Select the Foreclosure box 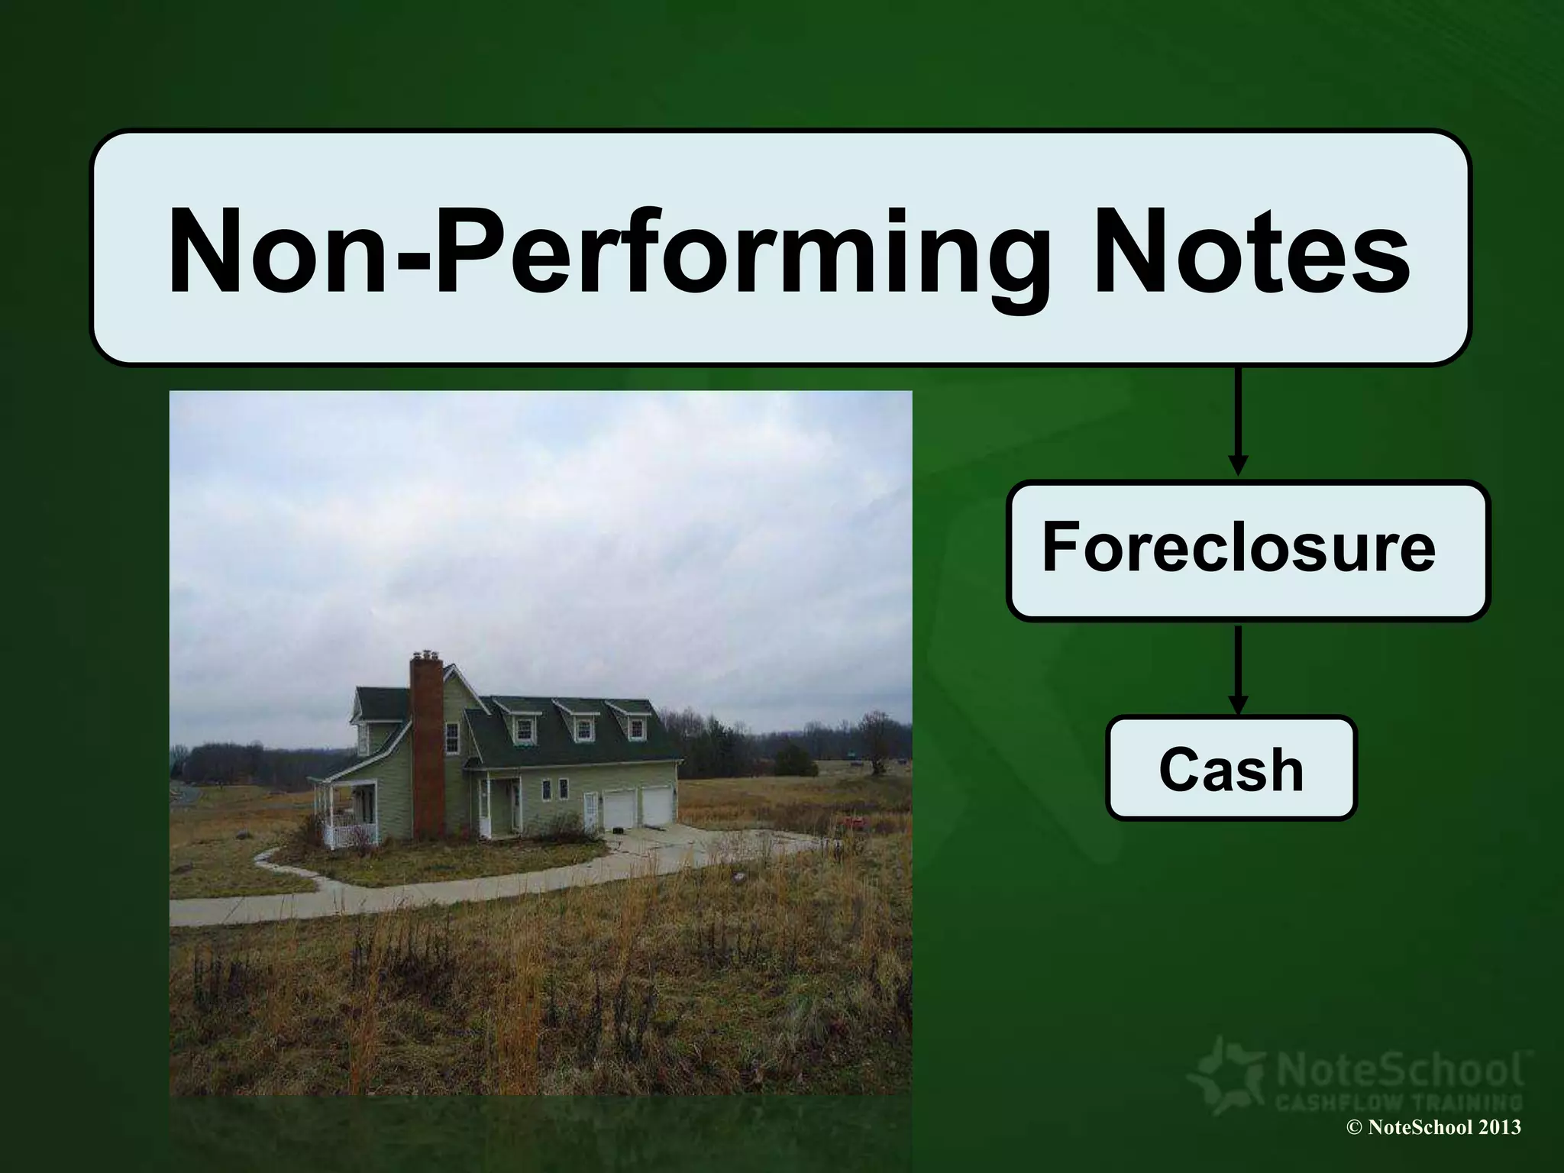pyautogui.click(x=1247, y=549)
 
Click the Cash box pyautogui.click(x=1230, y=769)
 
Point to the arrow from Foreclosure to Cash pyautogui.click(x=1238, y=667)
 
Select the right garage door pyautogui.click(x=655, y=806)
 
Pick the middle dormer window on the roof pyautogui.click(x=583, y=730)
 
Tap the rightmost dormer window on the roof pyautogui.click(x=636, y=729)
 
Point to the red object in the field pyautogui.click(x=853, y=822)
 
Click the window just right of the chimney pyautogui.click(x=452, y=738)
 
